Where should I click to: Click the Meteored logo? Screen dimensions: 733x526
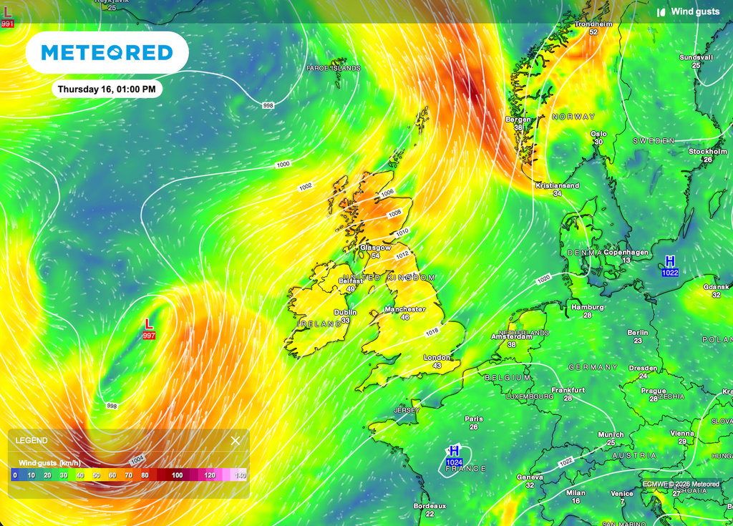[x=107, y=52]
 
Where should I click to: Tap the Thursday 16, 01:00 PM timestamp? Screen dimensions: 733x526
[x=107, y=89]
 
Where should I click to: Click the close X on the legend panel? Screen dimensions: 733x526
[x=236, y=440]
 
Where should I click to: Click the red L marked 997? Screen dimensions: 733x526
[x=149, y=324]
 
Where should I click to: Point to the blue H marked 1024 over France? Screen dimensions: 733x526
[x=454, y=452]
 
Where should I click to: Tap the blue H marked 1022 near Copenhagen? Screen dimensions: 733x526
[x=670, y=261]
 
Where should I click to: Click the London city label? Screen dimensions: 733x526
[x=437, y=357]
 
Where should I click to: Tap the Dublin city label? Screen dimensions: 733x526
[x=346, y=312]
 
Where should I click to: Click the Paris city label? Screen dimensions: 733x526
[x=473, y=419]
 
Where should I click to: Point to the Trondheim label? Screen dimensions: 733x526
[x=593, y=24]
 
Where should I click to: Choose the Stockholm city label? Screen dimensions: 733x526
[x=707, y=151]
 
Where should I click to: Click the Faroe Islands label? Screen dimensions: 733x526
[x=333, y=68]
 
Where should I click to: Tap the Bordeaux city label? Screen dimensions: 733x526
[x=429, y=505]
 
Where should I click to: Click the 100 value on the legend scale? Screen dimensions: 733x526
[x=177, y=474]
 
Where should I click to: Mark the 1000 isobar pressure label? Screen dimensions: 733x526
[x=283, y=165]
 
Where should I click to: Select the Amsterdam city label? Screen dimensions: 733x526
[x=511, y=336]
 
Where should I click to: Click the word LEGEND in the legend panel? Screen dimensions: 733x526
[x=31, y=440]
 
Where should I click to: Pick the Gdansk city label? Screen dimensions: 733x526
[x=716, y=287]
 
